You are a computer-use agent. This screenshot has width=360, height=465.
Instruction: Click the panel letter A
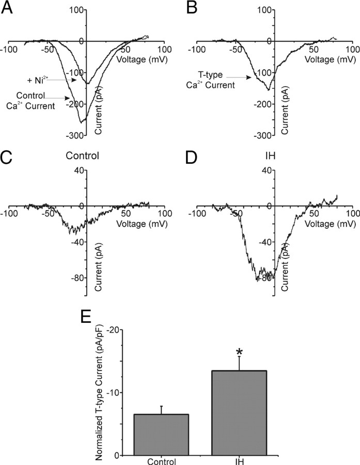(x=9, y=9)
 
